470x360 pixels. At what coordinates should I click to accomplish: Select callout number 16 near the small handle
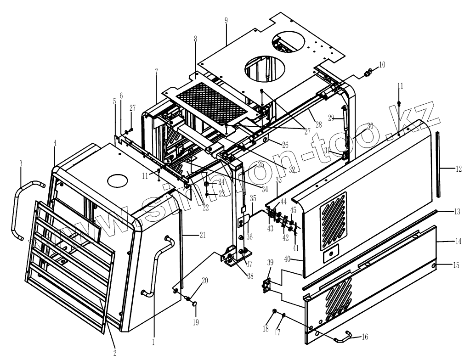365,337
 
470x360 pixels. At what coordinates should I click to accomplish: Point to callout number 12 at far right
459,169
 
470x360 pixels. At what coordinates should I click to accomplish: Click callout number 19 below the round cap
196,322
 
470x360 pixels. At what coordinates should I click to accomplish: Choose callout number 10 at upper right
382,64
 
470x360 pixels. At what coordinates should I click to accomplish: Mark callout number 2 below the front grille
115,353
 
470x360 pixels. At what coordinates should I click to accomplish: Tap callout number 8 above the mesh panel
196,39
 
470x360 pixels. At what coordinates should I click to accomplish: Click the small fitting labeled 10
368,73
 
